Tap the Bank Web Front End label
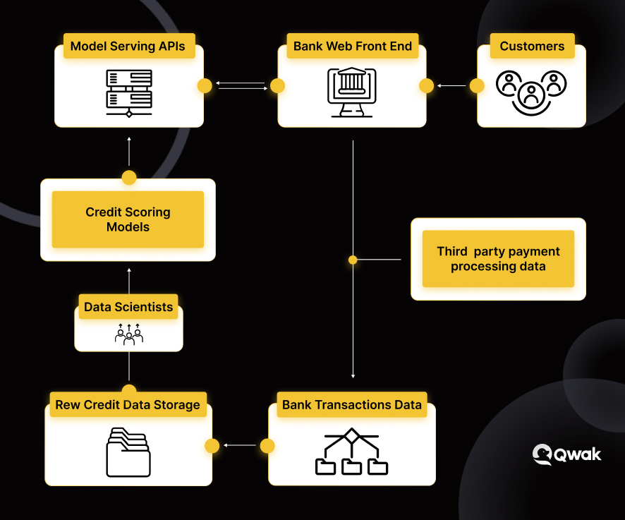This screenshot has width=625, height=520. click(x=353, y=47)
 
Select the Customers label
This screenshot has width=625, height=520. click(x=532, y=47)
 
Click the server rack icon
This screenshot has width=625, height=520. click(x=129, y=93)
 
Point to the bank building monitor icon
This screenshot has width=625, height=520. click(x=352, y=92)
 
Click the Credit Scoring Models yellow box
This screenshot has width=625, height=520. click(x=128, y=219)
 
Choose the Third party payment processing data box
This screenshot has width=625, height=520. click(x=498, y=259)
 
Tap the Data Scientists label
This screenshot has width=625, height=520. click(x=128, y=307)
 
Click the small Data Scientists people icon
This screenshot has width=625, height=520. click(x=129, y=334)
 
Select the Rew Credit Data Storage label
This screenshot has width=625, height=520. click(x=128, y=405)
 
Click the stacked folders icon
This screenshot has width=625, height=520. click(x=128, y=452)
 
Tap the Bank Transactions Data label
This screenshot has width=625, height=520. click(x=352, y=405)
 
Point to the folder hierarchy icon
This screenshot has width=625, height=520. click(x=351, y=452)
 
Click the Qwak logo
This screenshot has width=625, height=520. click(x=567, y=454)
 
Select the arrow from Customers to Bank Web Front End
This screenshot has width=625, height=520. click(x=451, y=86)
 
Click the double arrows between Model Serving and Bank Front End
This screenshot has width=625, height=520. click(x=241, y=86)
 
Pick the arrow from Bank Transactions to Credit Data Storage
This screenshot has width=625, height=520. click(x=240, y=445)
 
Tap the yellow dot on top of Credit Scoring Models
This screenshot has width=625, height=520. click(x=129, y=178)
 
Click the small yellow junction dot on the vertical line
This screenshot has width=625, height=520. click(x=353, y=260)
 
